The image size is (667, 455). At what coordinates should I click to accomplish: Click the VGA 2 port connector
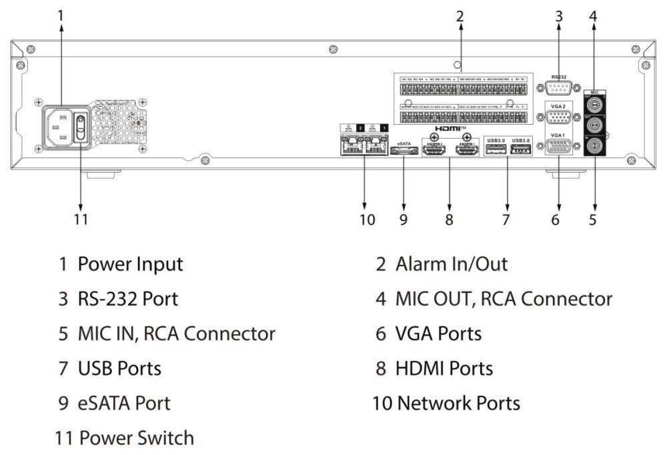pyautogui.click(x=558, y=118)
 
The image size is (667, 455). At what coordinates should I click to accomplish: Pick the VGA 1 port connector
pyautogui.click(x=558, y=147)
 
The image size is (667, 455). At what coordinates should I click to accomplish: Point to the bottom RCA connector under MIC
pyautogui.click(x=593, y=145)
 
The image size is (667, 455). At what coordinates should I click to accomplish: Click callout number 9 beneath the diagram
pyautogui.click(x=403, y=219)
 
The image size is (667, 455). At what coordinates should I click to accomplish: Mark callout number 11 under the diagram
pyautogui.click(x=80, y=219)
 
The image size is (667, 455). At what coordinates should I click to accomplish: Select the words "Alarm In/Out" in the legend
pyautogui.click(x=452, y=264)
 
